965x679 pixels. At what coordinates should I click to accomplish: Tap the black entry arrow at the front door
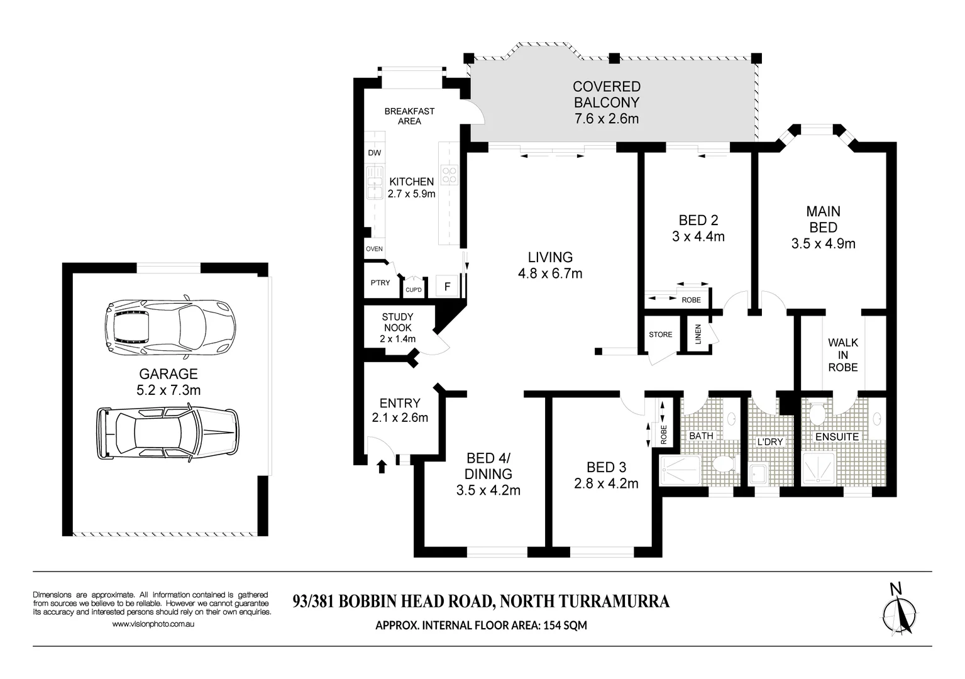pos(382,466)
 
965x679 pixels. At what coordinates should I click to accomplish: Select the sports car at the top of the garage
pos(170,326)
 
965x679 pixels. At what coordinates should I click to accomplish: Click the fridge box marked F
pos(447,286)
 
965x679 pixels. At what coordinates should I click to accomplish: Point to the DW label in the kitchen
pos(374,153)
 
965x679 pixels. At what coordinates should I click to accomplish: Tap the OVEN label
pos(374,249)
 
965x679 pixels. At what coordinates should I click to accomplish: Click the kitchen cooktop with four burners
pos(449,175)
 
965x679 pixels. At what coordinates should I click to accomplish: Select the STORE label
pos(661,334)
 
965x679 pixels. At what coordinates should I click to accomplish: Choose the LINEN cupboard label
pos(698,334)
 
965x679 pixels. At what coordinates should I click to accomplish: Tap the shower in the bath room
pos(681,470)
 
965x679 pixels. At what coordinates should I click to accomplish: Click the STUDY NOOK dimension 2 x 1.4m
pos(398,339)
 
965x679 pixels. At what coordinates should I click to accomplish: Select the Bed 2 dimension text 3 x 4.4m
pos(698,236)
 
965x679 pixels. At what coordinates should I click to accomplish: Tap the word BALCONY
pos(607,102)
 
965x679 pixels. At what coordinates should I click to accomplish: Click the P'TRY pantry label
pos(380,283)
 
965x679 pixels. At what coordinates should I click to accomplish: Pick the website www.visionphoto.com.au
pos(153,624)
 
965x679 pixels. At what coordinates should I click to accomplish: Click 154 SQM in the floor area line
pos(565,625)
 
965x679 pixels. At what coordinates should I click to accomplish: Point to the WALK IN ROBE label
pos(843,355)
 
